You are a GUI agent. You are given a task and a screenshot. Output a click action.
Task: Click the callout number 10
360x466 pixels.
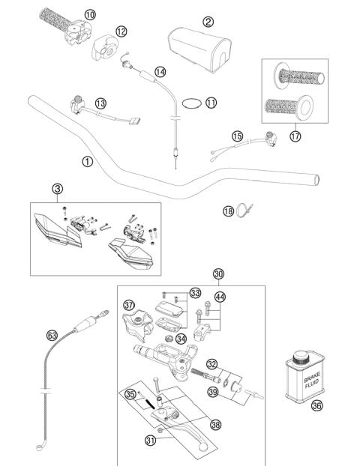tap(90, 14)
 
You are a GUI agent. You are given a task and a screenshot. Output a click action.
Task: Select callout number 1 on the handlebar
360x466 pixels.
tap(88, 160)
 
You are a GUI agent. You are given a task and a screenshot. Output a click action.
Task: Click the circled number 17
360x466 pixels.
tap(295, 136)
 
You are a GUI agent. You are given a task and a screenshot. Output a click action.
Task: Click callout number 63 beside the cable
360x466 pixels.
tap(52, 336)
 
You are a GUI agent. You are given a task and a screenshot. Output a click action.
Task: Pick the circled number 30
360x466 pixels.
tap(218, 273)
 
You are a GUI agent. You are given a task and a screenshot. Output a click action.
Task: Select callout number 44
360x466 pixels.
tap(220, 297)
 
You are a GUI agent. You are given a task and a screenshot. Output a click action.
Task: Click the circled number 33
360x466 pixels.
tap(195, 292)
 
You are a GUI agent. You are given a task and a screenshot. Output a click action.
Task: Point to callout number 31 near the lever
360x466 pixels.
tap(150, 440)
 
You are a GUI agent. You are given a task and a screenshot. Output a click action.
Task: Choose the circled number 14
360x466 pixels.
tap(160, 71)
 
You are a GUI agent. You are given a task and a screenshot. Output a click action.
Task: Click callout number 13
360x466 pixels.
tap(100, 103)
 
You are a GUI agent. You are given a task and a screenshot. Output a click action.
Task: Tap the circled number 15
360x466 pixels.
tap(237, 136)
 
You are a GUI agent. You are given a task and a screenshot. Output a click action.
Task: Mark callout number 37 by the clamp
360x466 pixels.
tap(129, 305)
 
